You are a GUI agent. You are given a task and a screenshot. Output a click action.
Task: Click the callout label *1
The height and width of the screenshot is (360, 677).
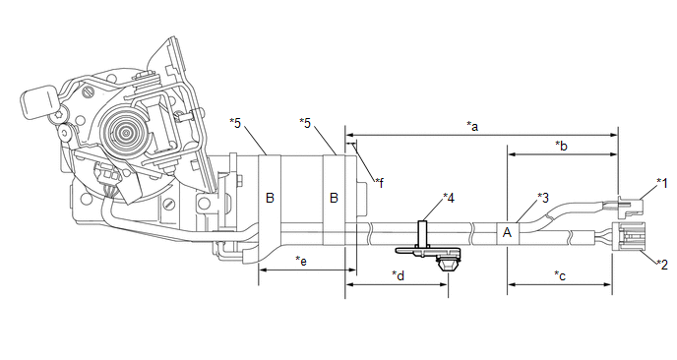[662, 183]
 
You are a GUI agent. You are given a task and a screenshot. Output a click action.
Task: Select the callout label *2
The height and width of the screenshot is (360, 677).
[662, 264]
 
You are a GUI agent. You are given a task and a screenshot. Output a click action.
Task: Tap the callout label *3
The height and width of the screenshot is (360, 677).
[543, 198]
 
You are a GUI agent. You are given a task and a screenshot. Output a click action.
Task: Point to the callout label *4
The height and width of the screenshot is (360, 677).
[449, 198]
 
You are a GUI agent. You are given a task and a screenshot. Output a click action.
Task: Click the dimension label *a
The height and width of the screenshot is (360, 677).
[472, 126]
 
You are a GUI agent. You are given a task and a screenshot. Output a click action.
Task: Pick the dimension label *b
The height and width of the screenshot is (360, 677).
[561, 146]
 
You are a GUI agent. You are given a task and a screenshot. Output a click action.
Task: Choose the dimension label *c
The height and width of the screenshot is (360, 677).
[560, 275]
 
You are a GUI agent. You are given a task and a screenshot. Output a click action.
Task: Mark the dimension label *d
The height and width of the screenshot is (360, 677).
[399, 275]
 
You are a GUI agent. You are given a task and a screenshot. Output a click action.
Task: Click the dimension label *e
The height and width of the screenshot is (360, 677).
[301, 261]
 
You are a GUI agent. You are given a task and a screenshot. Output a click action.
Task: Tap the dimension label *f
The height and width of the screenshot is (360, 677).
[380, 183]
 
